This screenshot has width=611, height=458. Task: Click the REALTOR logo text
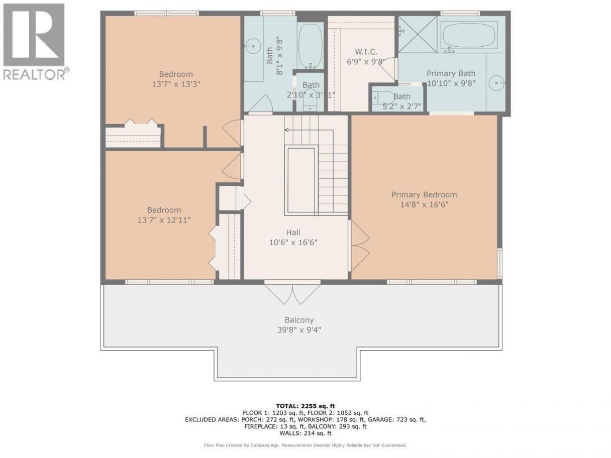click(x=34, y=74)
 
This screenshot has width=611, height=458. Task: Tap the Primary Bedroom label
click(x=424, y=195)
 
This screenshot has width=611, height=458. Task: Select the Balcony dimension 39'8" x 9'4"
click(x=299, y=330)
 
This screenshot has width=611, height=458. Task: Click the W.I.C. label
click(x=366, y=52)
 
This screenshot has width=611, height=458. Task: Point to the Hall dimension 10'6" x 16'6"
click(x=293, y=243)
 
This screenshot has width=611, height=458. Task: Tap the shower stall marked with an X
click(x=418, y=34)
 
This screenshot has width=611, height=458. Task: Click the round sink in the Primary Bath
click(x=496, y=83)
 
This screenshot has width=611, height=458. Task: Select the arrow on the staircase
click(x=309, y=130)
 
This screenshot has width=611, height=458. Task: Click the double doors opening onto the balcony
click(x=292, y=293)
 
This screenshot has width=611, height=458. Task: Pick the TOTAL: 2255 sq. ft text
click(x=305, y=406)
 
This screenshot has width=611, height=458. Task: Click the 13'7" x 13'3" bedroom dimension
click(x=176, y=84)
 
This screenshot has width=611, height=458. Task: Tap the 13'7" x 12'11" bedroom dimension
click(x=164, y=220)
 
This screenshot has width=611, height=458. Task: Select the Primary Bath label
click(x=451, y=73)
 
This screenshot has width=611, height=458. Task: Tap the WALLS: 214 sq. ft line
click(x=305, y=433)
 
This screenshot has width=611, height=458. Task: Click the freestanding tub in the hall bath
click(x=310, y=46)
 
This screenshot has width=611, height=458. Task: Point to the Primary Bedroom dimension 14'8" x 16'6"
click(x=424, y=205)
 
